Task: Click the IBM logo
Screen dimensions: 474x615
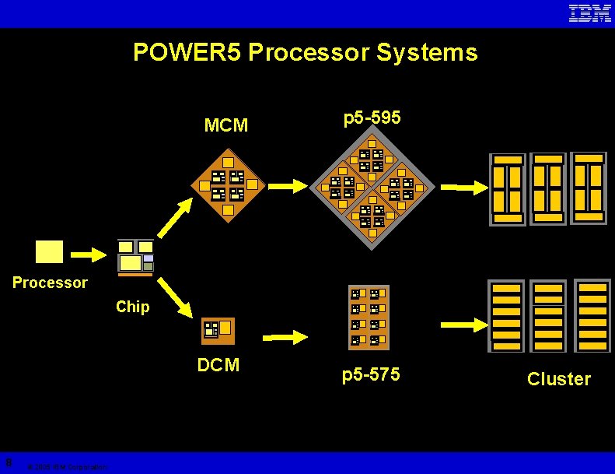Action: (590, 13)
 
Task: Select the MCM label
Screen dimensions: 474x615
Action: (225, 125)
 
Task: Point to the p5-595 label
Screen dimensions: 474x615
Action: (372, 118)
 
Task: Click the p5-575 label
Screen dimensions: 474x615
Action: (371, 375)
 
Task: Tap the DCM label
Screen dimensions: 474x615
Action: (218, 365)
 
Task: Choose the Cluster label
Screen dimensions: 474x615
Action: (558, 379)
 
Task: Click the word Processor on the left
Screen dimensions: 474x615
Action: (50, 283)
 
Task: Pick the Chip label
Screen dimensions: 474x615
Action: (132, 307)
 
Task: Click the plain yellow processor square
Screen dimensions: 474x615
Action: (49, 251)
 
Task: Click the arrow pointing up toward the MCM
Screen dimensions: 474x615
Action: (176, 217)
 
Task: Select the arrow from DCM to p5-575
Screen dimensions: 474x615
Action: (285, 337)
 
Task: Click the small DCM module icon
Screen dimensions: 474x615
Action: (217, 331)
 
